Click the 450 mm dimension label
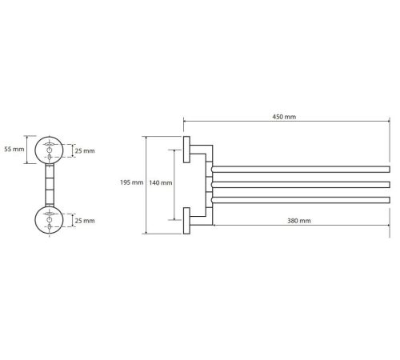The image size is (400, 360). click(284, 117)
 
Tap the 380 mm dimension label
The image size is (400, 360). click(299, 221)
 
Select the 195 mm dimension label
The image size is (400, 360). click(131, 182)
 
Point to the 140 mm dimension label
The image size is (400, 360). click(161, 182)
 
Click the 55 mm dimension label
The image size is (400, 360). click(14, 149)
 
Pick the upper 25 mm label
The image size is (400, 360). click(85, 151)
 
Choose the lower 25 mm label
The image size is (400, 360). click(85, 221)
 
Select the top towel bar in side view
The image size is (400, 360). click(301, 169)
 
